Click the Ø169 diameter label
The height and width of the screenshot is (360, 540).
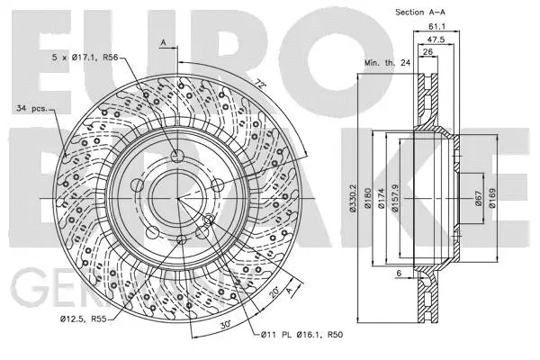click(x=493, y=200)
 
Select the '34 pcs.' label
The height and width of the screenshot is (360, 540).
click(x=33, y=109)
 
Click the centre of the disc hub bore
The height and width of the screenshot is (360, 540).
click(x=178, y=194)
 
